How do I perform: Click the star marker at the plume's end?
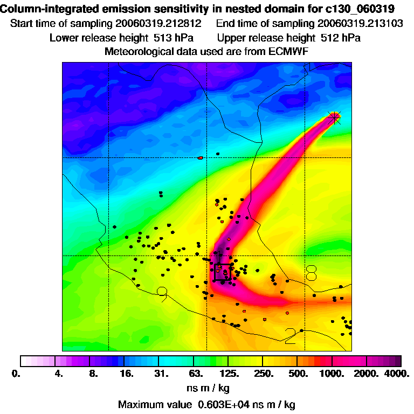(x=335, y=116)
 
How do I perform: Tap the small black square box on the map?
(x=223, y=272)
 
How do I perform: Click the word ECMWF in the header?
(x=288, y=51)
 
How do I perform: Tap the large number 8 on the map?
(x=311, y=272)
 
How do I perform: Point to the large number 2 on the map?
(x=291, y=336)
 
